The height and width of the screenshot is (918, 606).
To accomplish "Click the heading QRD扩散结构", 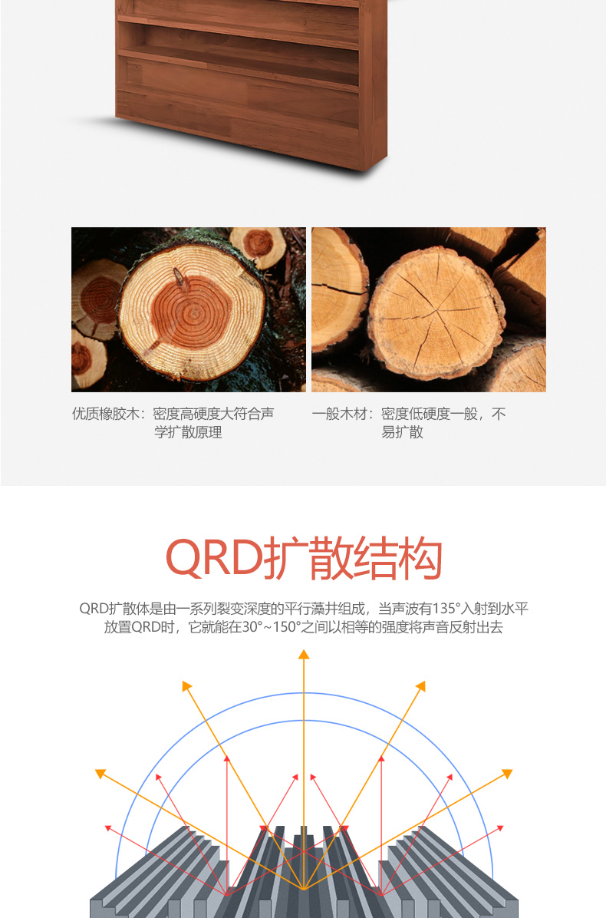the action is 304,558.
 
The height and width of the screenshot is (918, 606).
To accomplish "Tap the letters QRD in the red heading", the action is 214,558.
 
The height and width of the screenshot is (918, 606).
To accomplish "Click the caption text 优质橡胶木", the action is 105,414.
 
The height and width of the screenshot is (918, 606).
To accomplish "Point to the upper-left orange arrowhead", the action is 186,685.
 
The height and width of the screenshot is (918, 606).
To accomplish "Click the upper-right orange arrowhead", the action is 421,685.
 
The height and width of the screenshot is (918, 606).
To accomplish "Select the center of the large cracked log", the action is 436,314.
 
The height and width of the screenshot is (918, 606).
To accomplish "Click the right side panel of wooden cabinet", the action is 373,82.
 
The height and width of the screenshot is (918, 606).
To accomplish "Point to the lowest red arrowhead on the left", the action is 107,828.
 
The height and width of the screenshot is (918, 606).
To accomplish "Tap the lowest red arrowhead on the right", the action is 500,828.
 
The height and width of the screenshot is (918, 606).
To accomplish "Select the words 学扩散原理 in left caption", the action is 189,433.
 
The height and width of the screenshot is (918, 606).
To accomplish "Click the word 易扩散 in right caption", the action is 403,433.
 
